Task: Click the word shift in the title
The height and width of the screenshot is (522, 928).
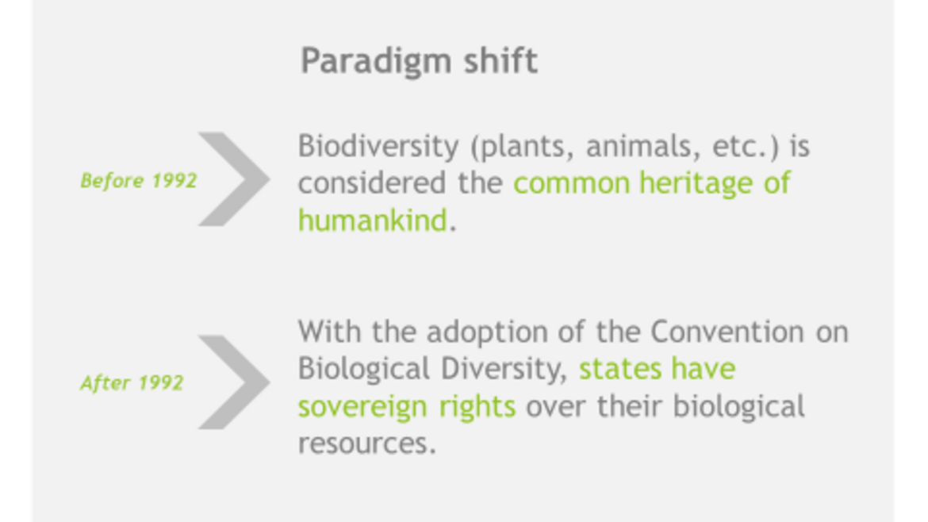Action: coord(500,59)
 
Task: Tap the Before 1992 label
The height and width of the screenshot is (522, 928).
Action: coord(139,181)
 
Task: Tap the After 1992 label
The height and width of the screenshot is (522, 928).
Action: coord(132,383)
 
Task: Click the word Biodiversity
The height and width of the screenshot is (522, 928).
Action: coord(378,147)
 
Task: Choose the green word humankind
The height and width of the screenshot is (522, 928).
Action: coord(373,221)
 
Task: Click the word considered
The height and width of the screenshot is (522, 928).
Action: coord(372,183)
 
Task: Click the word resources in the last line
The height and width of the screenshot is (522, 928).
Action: coord(367,444)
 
